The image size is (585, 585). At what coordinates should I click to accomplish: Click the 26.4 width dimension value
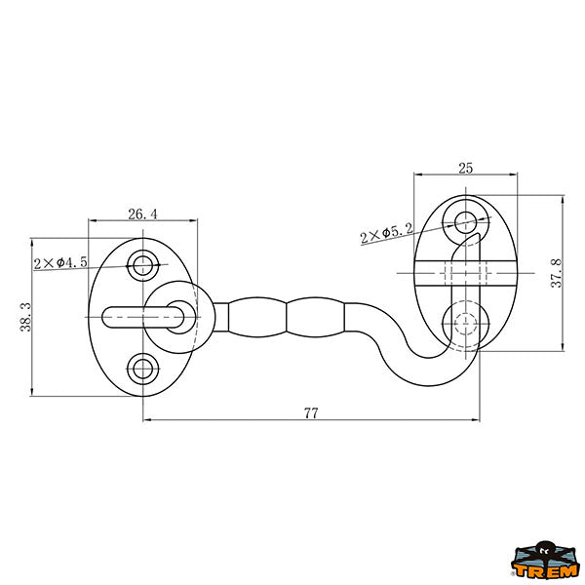click(143, 214)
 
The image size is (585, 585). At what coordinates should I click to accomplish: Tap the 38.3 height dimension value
click(25, 317)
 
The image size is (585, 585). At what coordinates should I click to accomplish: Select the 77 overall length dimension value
click(311, 413)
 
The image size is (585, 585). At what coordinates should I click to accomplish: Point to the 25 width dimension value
click(466, 169)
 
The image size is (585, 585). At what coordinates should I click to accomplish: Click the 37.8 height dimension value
click(557, 273)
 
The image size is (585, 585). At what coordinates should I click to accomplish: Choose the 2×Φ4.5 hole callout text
click(60, 262)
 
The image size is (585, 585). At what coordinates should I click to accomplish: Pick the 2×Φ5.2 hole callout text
click(387, 233)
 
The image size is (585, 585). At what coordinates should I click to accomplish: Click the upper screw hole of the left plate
click(143, 266)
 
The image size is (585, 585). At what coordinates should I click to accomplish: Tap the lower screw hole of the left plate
click(143, 370)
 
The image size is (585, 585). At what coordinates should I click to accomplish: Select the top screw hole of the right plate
click(466, 222)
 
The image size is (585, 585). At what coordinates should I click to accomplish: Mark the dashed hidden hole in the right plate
click(466, 324)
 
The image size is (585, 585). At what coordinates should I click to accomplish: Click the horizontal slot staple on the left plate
click(143, 318)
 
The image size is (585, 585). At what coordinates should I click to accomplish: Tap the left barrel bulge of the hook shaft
click(257, 318)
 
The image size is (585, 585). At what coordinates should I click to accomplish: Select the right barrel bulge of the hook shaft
click(316, 318)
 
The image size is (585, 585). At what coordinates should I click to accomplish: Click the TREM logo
click(545, 561)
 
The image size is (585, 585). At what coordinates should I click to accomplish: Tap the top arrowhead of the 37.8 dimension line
click(563, 200)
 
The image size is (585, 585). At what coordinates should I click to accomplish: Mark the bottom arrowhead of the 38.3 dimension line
click(32, 391)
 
